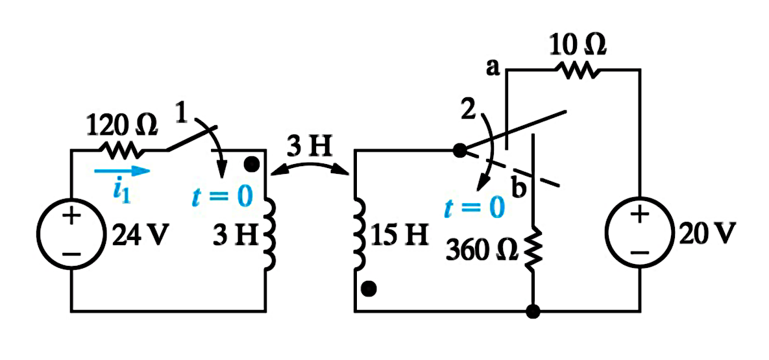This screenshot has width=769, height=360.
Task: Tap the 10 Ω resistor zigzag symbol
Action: tap(576, 71)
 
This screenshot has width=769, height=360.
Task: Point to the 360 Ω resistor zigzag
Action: tap(533, 248)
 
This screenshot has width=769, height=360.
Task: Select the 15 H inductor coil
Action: tap(359, 234)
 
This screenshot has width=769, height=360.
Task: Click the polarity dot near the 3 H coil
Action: tap(252, 165)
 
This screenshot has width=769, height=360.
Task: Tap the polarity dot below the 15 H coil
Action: tap(369, 289)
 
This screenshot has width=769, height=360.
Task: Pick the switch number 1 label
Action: tap(182, 114)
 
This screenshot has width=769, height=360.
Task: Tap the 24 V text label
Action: tap(136, 236)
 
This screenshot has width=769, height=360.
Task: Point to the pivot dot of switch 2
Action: tap(459, 150)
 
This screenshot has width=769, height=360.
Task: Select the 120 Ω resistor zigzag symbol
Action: tap(119, 150)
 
